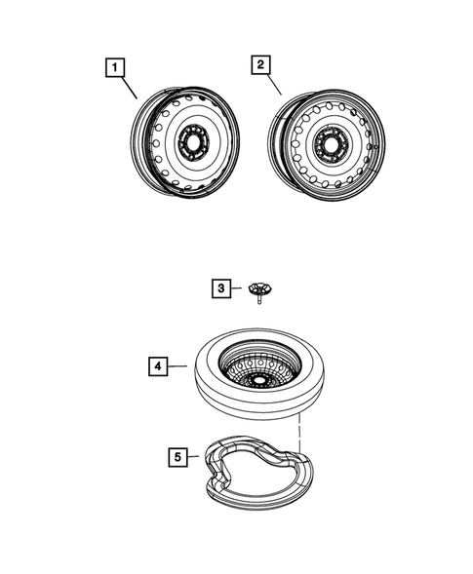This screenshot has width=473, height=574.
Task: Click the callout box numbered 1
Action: click(115, 67)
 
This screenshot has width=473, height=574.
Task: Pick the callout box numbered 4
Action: click(155, 366)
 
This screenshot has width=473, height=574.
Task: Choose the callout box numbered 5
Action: click(177, 454)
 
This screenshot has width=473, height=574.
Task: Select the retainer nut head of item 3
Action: click(259, 287)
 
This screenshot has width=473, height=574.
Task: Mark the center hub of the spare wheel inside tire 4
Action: click(258, 376)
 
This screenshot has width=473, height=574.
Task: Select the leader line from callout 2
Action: click(273, 85)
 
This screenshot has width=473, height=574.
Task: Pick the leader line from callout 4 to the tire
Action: click(177, 367)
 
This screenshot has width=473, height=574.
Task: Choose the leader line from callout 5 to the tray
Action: click(194, 454)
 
